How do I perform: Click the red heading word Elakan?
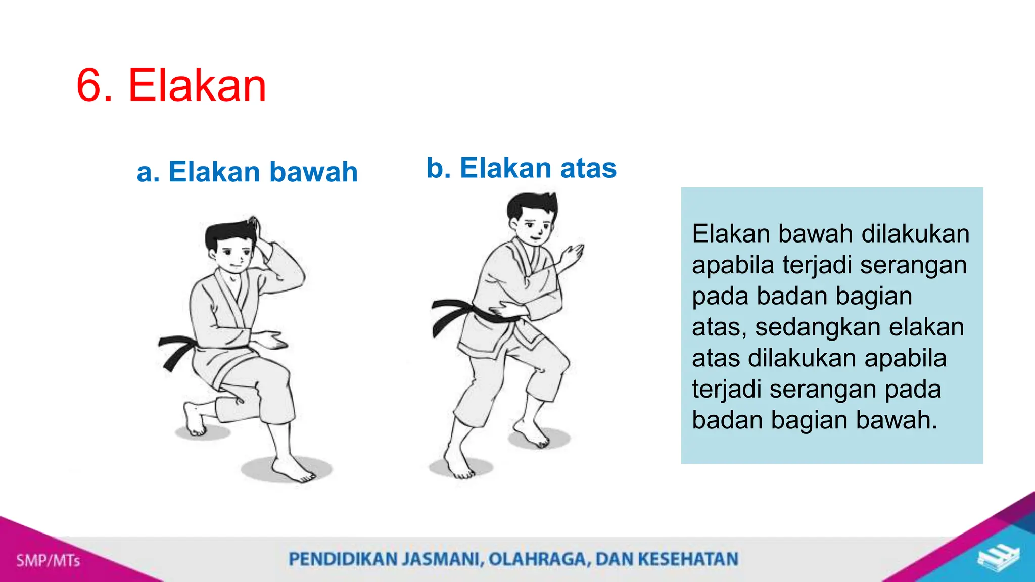point(197,86)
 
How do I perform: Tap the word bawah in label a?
point(313,172)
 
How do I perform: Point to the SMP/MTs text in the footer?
point(48,560)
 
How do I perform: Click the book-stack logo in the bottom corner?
point(998,559)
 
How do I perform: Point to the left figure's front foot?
point(293,470)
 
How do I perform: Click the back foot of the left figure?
point(195,419)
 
